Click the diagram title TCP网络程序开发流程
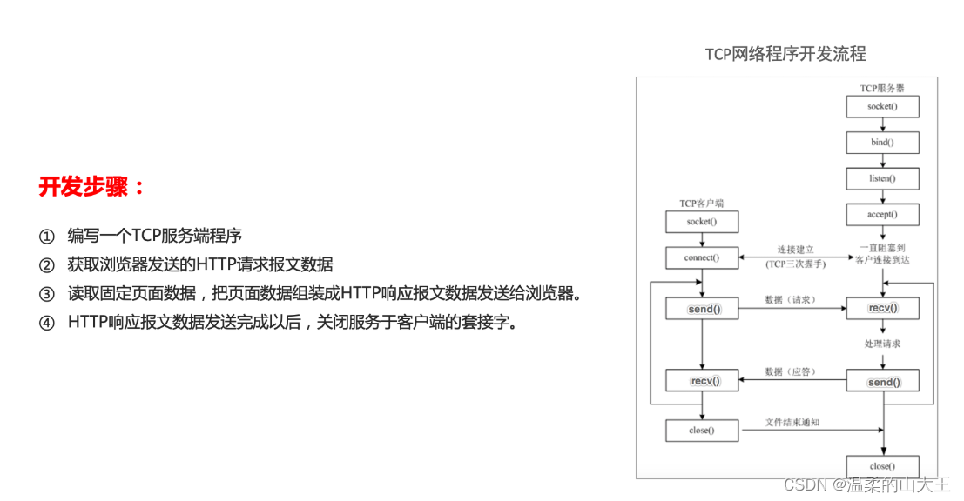click(785, 54)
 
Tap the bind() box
click(882, 143)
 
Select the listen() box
click(882, 178)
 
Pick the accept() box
click(882, 214)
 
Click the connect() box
click(701, 257)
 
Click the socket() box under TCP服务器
click(882, 106)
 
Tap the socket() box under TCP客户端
click(701, 222)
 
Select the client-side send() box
click(701, 309)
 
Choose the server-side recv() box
click(882, 309)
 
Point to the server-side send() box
click(882, 382)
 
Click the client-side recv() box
click(701, 380)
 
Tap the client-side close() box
click(701, 430)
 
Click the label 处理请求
click(882, 344)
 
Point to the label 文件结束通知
click(792, 422)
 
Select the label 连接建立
click(792, 250)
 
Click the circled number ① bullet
click(46, 236)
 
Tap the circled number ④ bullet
click(46, 323)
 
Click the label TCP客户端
click(701, 204)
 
